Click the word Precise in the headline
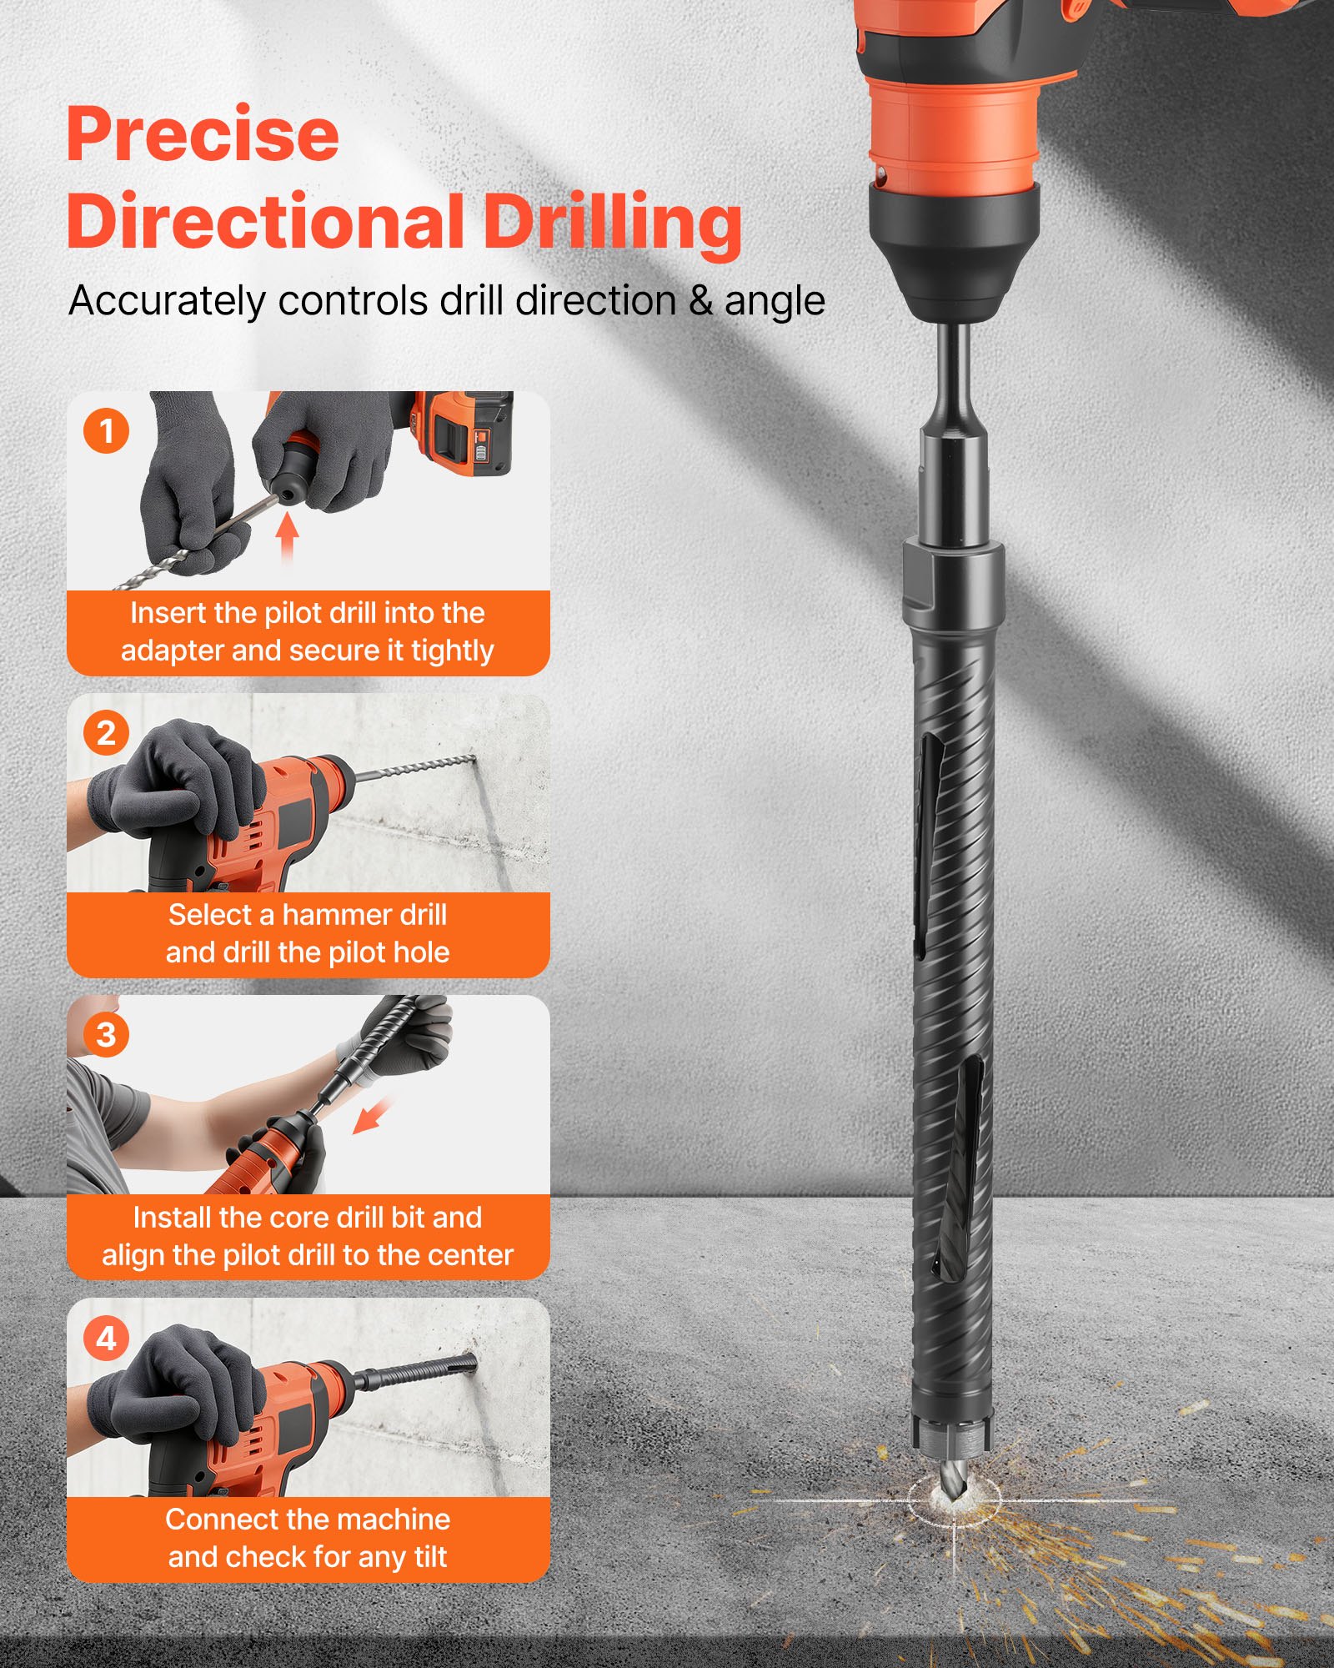pyautogui.click(x=203, y=135)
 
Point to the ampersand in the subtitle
pyautogui.click(x=701, y=301)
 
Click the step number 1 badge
pyautogui.click(x=106, y=431)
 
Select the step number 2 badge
pyautogui.click(x=106, y=733)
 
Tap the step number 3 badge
pyautogui.click(x=106, y=1035)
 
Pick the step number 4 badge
pyautogui.click(x=106, y=1338)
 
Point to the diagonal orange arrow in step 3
pyautogui.click(x=372, y=1115)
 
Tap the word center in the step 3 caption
pyautogui.click(x=473, y=1255)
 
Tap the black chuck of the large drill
pyautogui.click(x=954, y=250)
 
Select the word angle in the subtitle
pyautogui.click(x=775, y=301)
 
